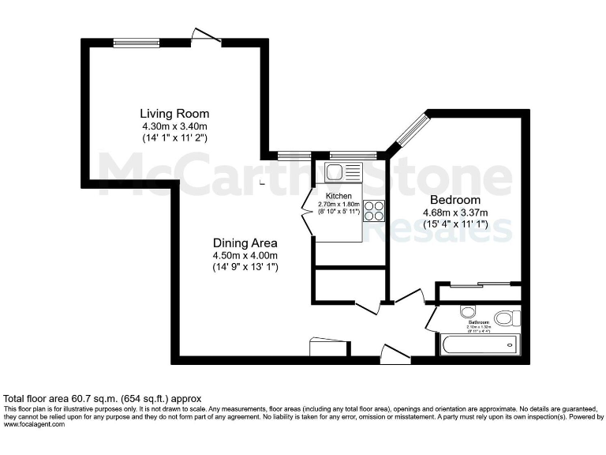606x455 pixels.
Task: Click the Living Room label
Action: tap(174, 113)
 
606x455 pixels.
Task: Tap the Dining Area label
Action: tap(245, 243)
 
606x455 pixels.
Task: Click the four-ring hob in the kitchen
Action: tap(374, 210)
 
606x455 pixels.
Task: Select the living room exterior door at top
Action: tap(204, 36)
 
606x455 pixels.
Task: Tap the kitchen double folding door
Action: tap(309, 212)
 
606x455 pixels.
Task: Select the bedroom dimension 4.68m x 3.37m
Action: tap(454, 212)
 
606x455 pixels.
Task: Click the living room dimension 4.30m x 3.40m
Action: tap(174, 126)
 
